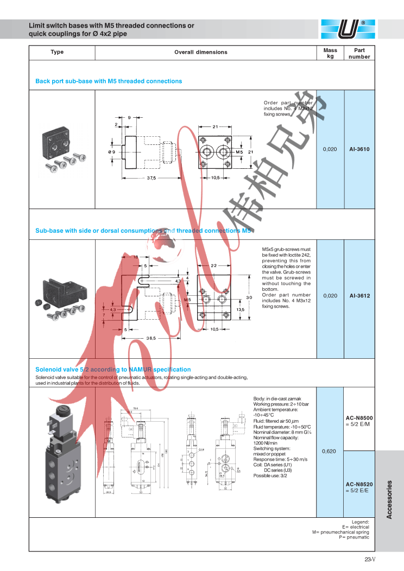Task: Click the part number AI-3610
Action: pyautogui.click(x=359, y=149)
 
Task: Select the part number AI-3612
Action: pyautogui.click(x=359, y=296)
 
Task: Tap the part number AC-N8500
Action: pyautogui.click(x=359, y=418)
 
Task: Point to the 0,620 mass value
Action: pyautogui.click(x=330, y=451)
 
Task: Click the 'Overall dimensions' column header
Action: pyautogui.click(x=201, y=53)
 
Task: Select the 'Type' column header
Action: pyautogui.click(x=57, y=52)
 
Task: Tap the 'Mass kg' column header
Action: pyautogui.click(x=330, y=53)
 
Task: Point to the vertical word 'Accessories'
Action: pyautogui.click(x=389, y=499)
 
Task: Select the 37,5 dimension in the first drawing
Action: pyautogui.click(x=150, y=178)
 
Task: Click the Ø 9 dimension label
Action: pyautogui.click(x=111, y=152)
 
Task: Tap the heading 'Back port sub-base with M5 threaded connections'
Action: pyautogui.click(x=109, y=81)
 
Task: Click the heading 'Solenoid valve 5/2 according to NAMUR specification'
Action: pyautogui.click(x=113, y=370)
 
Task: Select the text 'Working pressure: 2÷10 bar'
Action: pyautogui.click(x=281, y=404)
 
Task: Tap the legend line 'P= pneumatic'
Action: pyautogui.click(x=354, y=537)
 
